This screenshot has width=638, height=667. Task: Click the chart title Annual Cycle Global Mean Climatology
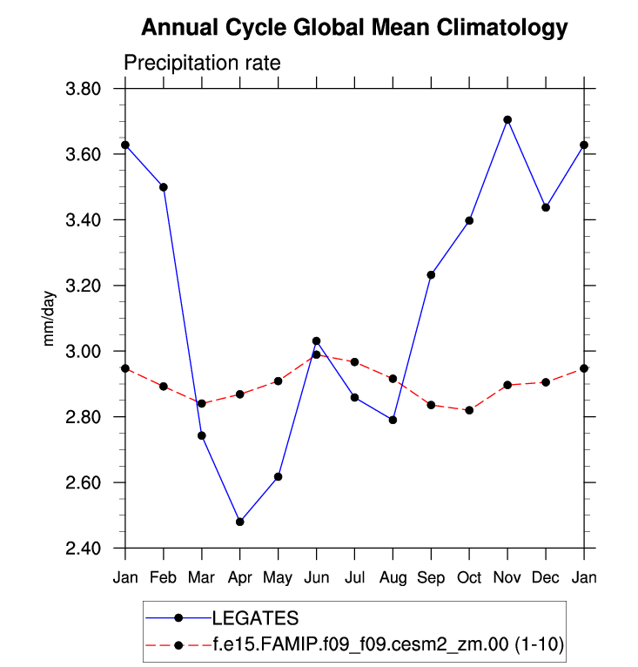pyautogui.click(x=353, y=28)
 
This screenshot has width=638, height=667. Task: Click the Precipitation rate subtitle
pyautogui.click(x=201, y=64)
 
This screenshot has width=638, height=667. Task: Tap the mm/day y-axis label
pyautogui.click(x=50, y=319)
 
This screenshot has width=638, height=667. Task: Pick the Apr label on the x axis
pyautogui.click(x=239, y=578)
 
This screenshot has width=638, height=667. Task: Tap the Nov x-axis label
pyautogui.click(x=507, y=578)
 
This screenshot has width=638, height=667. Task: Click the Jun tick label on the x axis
pyautogui.click(x=316, y=578)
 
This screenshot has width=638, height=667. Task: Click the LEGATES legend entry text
pyautogui.click(x=256, y=618)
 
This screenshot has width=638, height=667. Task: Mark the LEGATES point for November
pyautogui.click(x=507, y=119)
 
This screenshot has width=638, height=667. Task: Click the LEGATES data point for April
pyautogui.click(x=240, y=522)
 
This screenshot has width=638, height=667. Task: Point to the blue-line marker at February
pyautogui.click(x=164, y=187)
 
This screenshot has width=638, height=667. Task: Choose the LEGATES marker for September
pyautogui.click(x=431, y=275)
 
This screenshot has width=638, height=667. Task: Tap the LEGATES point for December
pyautogui.click(x=546, y=207)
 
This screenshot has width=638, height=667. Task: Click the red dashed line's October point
pyautogui.click(x=469, y=410)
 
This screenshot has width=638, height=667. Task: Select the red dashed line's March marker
pyautogui.click(x=202, y=403)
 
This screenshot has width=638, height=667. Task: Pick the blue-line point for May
pyautogui.click(x=279, y=476)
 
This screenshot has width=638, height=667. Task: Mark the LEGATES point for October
pyautogui.click(x=469, y=220)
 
